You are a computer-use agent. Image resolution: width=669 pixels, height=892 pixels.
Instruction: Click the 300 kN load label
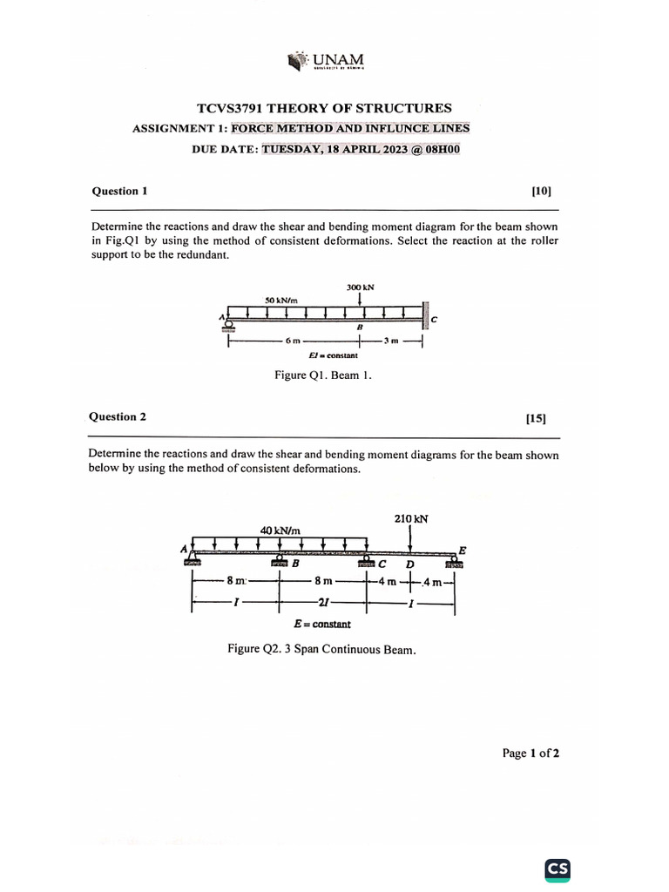[x=360, y=287]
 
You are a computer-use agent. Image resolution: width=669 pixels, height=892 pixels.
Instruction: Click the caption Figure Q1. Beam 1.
[x=323, y=376]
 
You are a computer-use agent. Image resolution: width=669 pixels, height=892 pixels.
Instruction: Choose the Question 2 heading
[x=118, y=416]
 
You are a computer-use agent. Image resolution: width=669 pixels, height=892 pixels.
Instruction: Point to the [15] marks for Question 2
[x=536, y=418]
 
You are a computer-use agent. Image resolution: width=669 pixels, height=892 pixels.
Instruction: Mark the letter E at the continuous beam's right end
[x=462, y=551]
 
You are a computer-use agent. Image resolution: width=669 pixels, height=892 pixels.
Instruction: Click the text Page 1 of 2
[x=530, y=753]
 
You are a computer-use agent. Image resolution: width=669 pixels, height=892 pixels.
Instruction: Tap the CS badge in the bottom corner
[x=557, y=868]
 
